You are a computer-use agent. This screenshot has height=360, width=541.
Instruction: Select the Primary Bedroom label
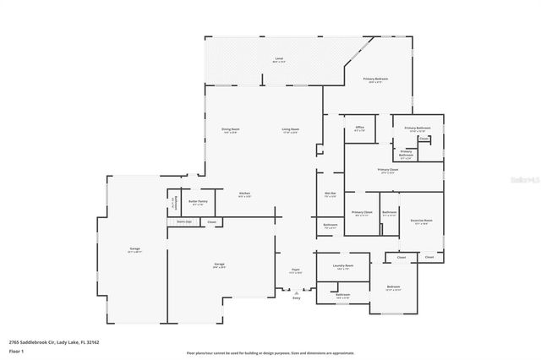click(x=376, y=79)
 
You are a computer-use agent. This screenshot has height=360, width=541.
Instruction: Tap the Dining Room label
click(x=229, y=130)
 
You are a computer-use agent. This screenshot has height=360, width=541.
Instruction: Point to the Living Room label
click(x=291, y=130)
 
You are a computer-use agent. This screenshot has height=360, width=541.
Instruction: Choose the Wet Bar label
click(x=331, y=194)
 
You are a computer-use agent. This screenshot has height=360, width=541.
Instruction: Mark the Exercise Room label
click(x=421, y=221)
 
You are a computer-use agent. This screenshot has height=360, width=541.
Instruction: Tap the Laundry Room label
click(x=343, y=267)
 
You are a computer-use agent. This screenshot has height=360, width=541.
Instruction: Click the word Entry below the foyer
click(x=297, y=297)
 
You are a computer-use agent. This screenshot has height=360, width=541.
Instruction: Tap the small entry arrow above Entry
click(x=297, y=291)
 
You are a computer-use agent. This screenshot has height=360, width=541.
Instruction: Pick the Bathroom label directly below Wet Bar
click(x=331, y=226)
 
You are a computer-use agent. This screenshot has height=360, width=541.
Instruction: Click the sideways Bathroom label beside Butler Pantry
click(x=174, y=204)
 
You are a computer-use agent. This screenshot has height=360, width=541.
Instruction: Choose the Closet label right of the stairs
click(x=211, y=222)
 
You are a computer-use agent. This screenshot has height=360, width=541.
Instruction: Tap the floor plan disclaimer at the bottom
click(x=270, y=352)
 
